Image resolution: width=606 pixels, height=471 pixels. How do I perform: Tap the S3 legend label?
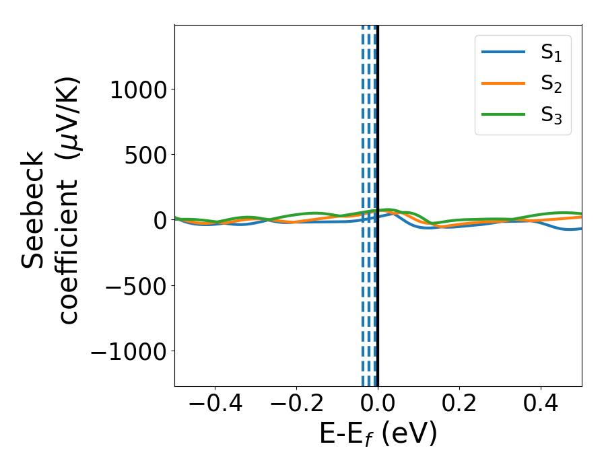tap(551, 115)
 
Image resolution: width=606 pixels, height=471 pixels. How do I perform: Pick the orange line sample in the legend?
tap(504, 83)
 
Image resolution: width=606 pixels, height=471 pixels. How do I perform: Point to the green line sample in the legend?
tap(504, 114)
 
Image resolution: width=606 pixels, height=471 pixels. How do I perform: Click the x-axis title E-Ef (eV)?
tap(378, 434)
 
